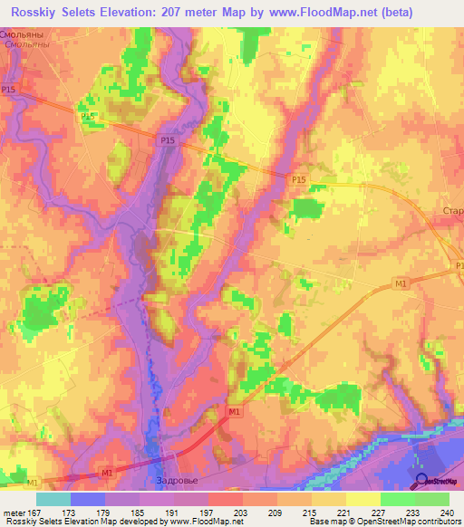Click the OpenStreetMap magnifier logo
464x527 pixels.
coord(422,481)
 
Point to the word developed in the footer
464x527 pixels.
coord(121,522)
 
